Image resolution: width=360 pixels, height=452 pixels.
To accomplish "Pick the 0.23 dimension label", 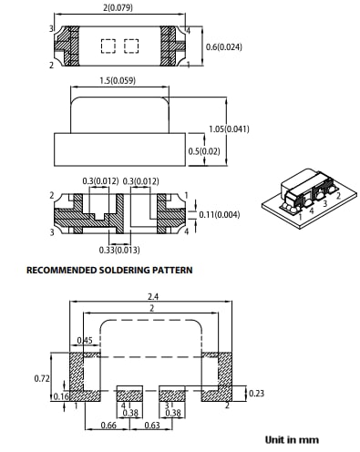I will [256, 393].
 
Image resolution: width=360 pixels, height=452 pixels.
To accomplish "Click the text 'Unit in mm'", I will [293, 439].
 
